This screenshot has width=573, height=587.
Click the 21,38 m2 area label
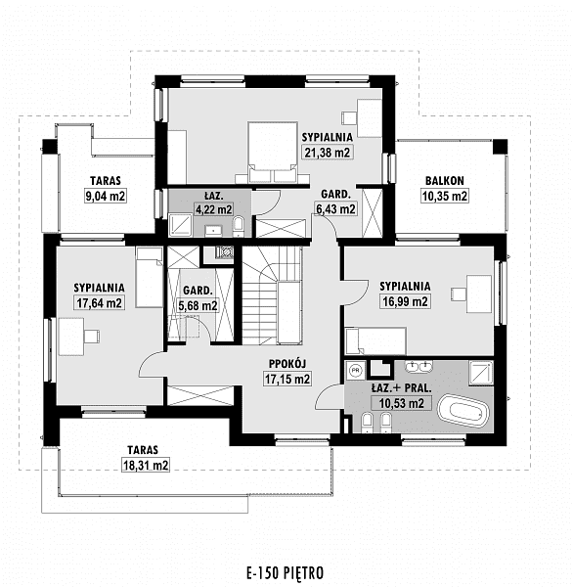click(x=328, y=153)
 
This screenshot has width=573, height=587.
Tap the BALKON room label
click(x=445, y=181)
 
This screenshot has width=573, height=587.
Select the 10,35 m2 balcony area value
click(x=445, y=196)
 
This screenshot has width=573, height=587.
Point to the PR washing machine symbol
click(x=355, y=371)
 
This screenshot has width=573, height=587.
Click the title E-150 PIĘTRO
click(x=286, y=572)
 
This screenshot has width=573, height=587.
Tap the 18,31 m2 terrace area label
click(x=146, y=466)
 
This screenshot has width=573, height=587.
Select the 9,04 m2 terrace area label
click(x=106, y=196)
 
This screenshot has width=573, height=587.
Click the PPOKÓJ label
click(x=287, y=364)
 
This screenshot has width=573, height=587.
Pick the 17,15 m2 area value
click(x=287, y=379)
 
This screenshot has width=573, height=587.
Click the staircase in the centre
click(x=272, y=295)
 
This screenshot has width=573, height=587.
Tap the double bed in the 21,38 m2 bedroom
click(x=273, y=152)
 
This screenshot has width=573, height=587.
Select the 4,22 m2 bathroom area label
click(x=214, y=209)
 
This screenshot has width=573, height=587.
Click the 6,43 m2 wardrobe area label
click(x=335, y=209)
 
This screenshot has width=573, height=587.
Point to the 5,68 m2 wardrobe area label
click(x=198, y=306)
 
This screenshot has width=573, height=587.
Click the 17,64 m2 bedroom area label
click(x=99, y=302)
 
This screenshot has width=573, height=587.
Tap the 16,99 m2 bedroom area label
click(x=405, y=301)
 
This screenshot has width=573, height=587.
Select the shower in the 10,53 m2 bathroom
click(x=481, y=373)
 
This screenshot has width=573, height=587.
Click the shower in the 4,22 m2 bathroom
click(x=180, y=225)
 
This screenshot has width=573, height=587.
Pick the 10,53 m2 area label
click(x=402, y=403)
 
